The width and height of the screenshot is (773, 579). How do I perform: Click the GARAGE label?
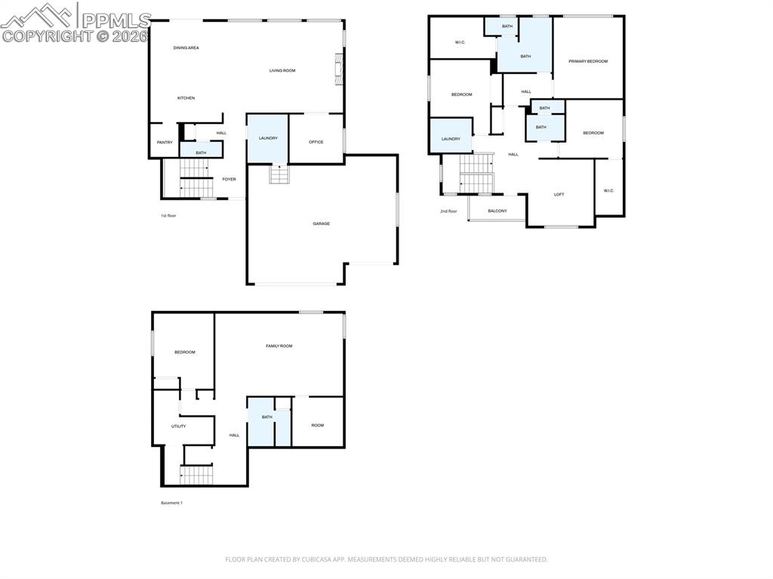point(322,223)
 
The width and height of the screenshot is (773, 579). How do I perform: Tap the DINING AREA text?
point(186,48)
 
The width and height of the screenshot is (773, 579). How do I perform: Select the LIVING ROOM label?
point(282,71)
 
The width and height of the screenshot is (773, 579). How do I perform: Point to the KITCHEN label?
point(186,98)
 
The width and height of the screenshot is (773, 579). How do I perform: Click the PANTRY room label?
point(165,143)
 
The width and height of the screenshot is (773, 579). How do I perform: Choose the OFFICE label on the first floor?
point(316,142)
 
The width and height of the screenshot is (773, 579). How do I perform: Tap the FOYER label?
point(229,180)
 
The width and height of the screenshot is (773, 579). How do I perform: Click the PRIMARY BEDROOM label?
point(588,61)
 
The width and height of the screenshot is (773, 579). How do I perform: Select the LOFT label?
point(559,195)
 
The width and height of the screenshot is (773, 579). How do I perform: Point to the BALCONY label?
point(497,211)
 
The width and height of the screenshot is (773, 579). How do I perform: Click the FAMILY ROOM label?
point(279,346)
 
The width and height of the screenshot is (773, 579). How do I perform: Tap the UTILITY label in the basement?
point(178,427)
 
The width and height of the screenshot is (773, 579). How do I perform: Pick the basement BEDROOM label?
point(185,353)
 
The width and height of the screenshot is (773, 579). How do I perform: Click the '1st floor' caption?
point(168,216)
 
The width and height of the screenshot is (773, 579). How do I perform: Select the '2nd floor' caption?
point(448,211)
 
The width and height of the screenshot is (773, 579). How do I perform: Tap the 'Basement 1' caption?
point(171,503)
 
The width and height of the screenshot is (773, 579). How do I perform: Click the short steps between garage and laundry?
point(279,175)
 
